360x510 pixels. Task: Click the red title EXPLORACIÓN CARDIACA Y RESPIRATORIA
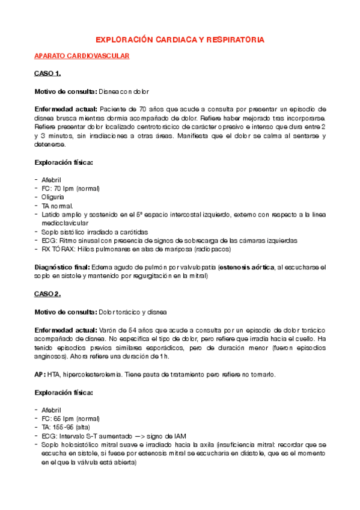tap(180, 40)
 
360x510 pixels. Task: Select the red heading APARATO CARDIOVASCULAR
tap(81, 56)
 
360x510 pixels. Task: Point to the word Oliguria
tap(52, 197)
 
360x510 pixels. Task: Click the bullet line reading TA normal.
tap(58, 206)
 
